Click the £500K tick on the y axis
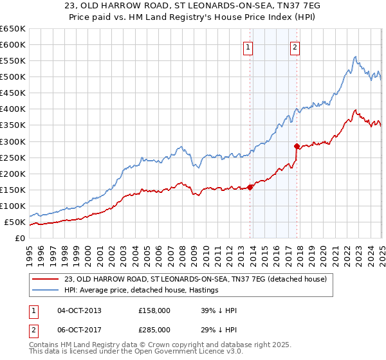point(12,77)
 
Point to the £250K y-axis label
point(12,157)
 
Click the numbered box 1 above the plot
point(248,46)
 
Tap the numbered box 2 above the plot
point(295,46)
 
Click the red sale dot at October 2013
point(250,187)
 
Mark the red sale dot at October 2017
point(297,146)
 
